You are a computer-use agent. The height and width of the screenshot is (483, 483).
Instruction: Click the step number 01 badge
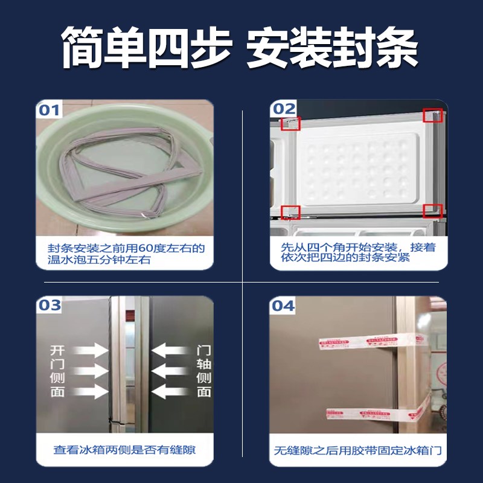(x=50, y=110)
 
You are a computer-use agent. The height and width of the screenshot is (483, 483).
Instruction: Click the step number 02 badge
(x=283, y=109)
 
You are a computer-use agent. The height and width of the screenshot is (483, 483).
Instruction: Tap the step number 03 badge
(x=50, y=305)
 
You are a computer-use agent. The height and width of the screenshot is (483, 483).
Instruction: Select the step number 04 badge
(x=283, y=305)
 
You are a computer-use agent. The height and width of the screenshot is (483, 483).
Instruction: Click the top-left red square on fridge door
(x=291, y=124)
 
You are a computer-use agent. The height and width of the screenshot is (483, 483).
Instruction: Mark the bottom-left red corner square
(x=291, y=212)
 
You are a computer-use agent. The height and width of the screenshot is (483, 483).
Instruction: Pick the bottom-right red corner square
(x=432, y=211)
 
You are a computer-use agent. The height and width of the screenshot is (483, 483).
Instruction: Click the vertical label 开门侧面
(x=59, y=371)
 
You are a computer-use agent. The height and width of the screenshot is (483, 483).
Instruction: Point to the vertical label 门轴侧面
(x=204, y=371)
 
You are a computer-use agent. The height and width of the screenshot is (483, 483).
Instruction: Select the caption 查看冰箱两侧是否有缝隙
(x=124, y=450)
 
